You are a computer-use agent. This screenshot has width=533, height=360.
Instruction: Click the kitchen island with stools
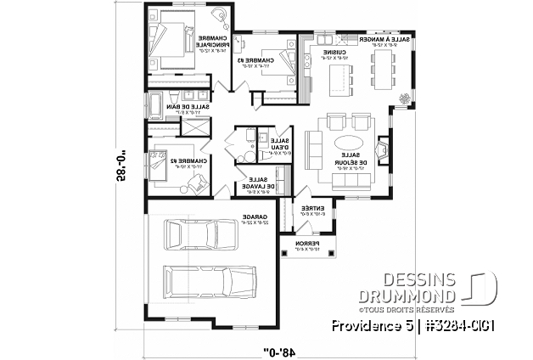pos(339,78)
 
